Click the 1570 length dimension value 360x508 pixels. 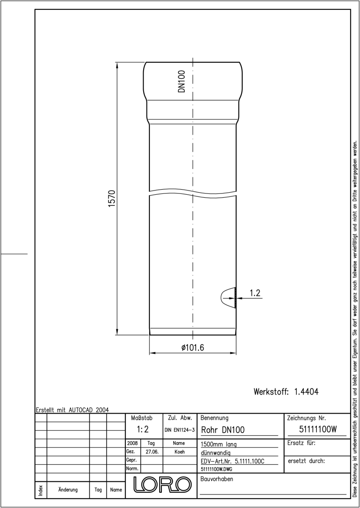click(x=112, y=199)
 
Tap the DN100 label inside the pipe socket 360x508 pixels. click(x=181, y=81)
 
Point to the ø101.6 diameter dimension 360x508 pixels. click(x=193, y=347)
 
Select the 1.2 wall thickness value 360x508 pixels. click(x=255, y=293)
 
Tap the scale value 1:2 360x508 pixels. click(x=143, y=429)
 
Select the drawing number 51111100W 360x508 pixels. click(x=318, y=429)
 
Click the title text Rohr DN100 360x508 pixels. click(x=223, y=430)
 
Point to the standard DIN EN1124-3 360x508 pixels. click(x=180, y=430)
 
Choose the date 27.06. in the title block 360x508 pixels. click(x=152, y=452)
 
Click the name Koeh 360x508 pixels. click(x=180, y=452)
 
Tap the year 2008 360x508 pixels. click(x=133, y=443)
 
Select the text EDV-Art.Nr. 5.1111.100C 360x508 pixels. click(x=233, y=461)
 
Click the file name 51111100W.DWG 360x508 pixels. click(x=216, y=469)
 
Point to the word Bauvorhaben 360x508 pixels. click(x=216, y=479)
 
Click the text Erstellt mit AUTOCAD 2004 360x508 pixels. click(x=72, y=410)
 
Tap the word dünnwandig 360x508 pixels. click(x=216, y=453)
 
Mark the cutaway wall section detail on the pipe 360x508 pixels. click(x=229, y=298)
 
